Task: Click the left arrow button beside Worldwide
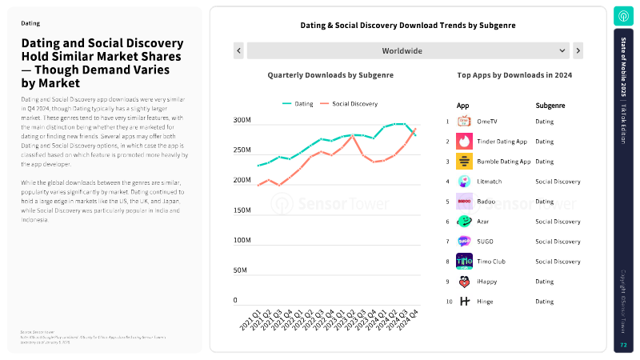click(x=238, y=51)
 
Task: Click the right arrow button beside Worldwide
click(x=578, y=51)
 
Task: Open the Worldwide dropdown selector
click(x=408, y=51)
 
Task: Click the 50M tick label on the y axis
click(x=241, y=270)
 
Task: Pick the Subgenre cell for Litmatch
click(x=558, y=182)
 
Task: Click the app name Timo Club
click(x=491, y=262)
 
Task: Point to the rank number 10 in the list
click(x=449, y=302)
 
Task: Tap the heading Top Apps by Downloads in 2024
click(x=514, y=75)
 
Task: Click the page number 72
click(x=623, y=345)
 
